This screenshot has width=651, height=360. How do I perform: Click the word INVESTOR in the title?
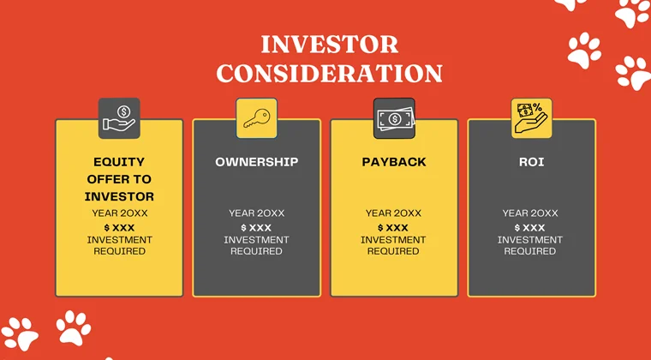tap(329, 45)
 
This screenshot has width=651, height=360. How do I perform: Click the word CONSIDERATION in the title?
tap(329, 73)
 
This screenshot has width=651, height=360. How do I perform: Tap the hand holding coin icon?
tap(119, 118)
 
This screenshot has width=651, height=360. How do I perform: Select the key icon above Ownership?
tap(256, 118)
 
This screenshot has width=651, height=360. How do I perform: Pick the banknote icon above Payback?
tap(394, 118)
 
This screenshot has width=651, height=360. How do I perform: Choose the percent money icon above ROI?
tap(531, 118)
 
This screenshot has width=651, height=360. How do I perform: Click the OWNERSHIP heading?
tap(256, 161)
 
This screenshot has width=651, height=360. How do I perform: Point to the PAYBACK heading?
tap(394, 161)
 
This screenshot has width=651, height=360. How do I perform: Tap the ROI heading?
tap(531, 161)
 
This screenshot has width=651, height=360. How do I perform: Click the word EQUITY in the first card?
tap(119, 161)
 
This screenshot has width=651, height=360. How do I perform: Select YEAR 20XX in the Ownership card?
tap(256, 213)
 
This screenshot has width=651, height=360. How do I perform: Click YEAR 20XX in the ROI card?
tap(530, 213)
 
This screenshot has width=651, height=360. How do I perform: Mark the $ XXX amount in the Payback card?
tap(393, 227)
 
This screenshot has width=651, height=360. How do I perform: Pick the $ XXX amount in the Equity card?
tap(119, 227)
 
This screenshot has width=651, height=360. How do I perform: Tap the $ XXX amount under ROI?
tap(530, 227)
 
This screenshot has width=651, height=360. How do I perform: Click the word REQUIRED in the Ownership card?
tap(256, 252)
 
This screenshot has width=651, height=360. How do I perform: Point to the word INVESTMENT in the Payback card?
tap(393, 240)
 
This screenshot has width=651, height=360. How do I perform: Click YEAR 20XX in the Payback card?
tap(393, 213)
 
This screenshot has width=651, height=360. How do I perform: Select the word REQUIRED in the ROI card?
tap(530, 252)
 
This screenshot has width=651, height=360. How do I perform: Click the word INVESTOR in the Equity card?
tap(119, 197)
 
